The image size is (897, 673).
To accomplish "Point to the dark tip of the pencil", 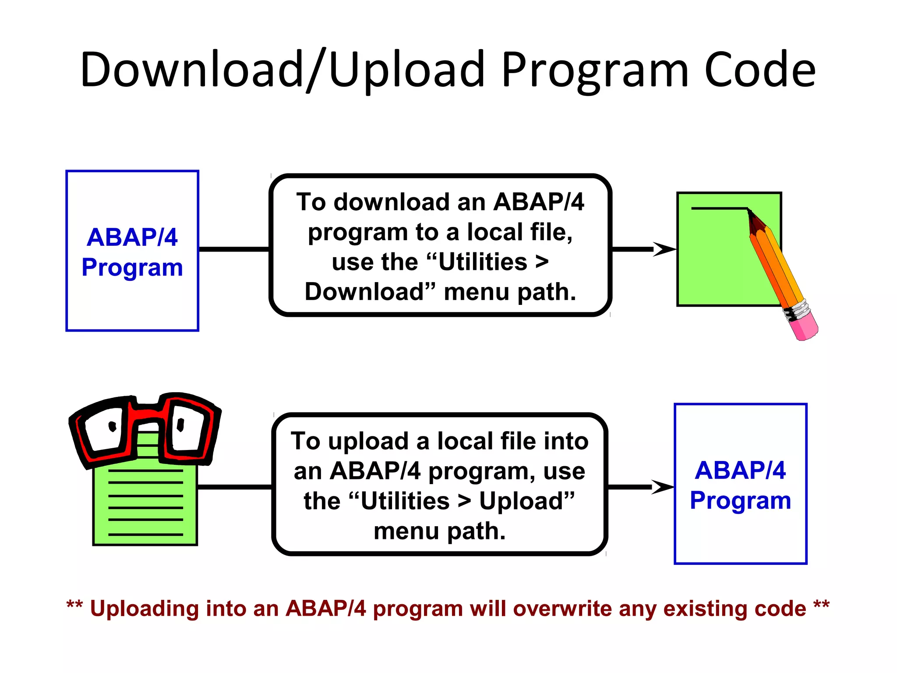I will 750,213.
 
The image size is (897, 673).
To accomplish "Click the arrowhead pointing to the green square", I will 664,249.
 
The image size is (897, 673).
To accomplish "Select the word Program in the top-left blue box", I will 132,267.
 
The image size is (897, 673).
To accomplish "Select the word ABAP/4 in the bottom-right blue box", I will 740,470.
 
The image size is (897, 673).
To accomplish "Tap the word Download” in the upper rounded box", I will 370,292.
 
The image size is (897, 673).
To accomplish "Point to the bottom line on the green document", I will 145,535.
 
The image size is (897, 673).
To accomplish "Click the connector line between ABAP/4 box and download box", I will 234,249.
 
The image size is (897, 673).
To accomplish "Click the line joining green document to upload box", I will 235,487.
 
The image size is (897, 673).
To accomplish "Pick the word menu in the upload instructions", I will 406,531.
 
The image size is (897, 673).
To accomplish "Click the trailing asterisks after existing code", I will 821,606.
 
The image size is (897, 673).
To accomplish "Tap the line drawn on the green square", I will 718,208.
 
